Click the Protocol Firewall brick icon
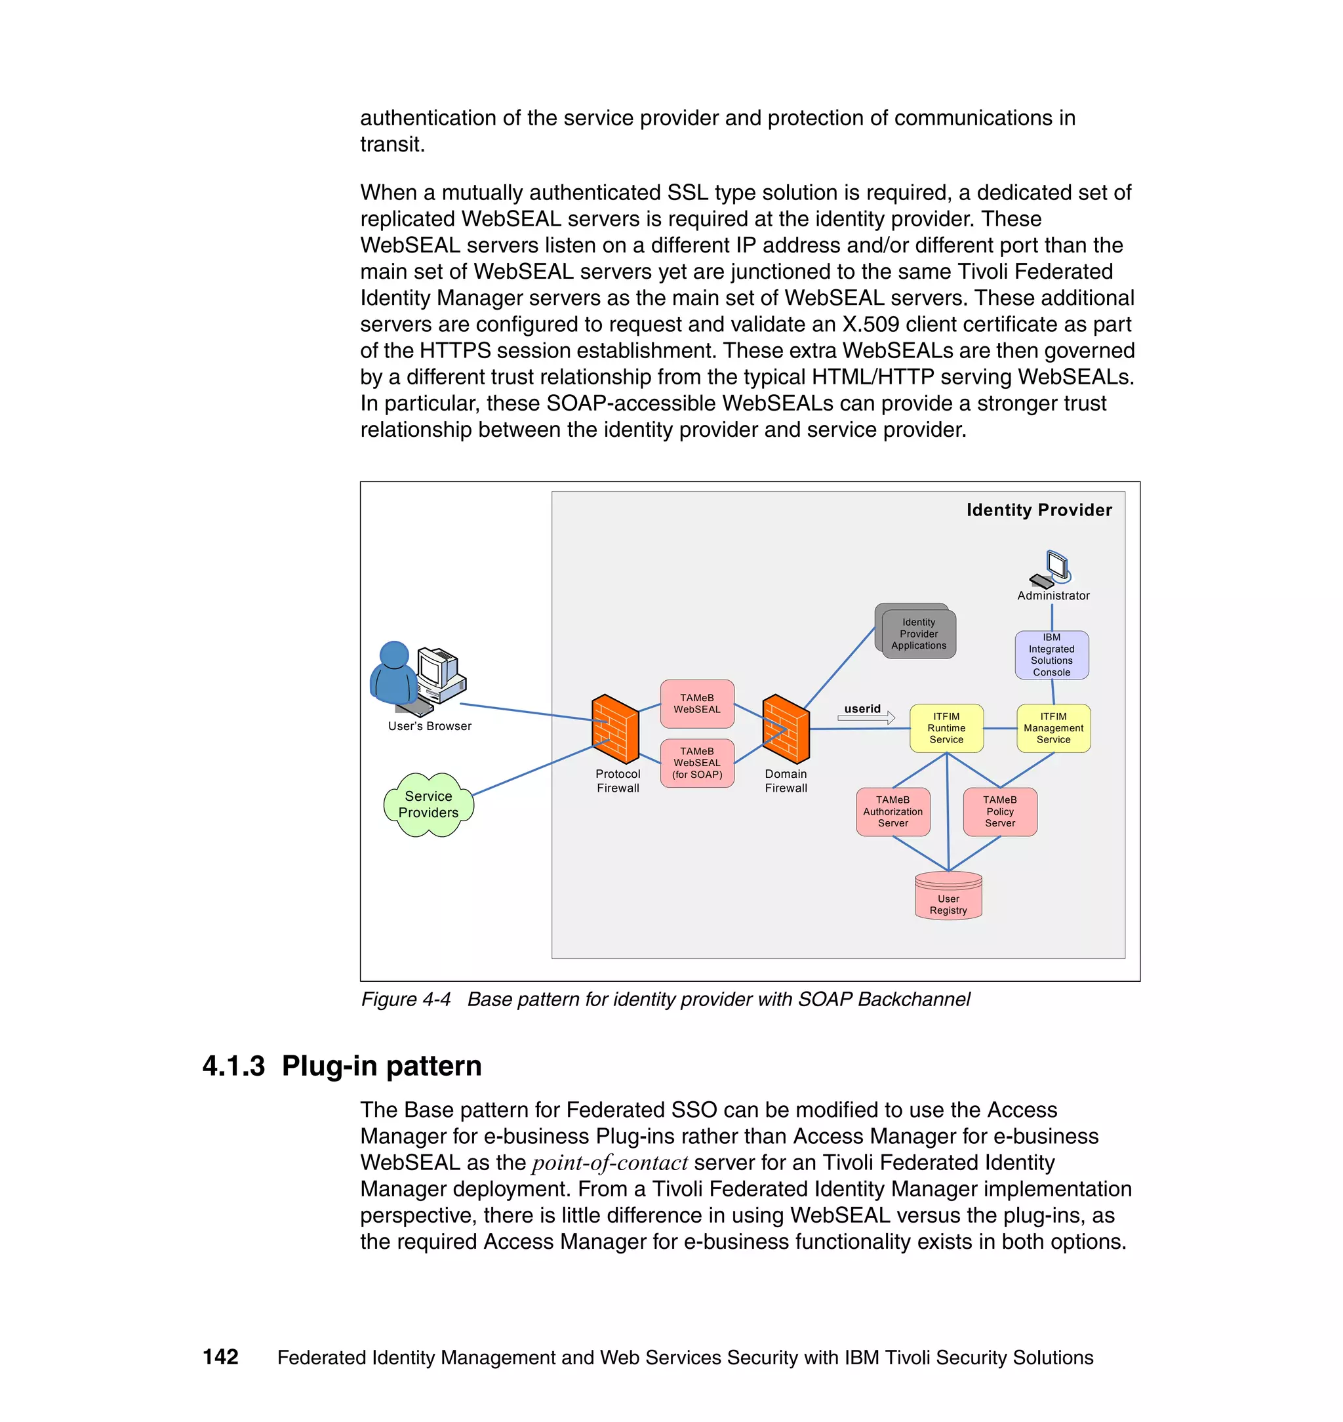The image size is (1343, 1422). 615,728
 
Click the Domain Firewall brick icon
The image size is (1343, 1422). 786,728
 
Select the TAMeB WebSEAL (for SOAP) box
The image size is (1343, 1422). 696,763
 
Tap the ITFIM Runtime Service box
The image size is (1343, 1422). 946,727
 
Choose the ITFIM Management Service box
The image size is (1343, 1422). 1053,727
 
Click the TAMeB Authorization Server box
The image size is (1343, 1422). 892,811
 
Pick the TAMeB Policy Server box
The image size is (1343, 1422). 999,811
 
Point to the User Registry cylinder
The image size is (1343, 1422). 948,896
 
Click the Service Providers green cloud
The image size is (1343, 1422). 428,804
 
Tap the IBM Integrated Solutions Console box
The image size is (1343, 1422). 1051,655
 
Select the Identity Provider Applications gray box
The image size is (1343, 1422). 917,632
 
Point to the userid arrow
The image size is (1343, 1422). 867,717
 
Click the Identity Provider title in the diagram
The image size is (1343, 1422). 1039,510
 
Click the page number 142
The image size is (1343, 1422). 220,1356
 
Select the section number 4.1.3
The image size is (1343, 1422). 233,1065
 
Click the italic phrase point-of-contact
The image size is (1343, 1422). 609,1163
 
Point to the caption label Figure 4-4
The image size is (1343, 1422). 406,999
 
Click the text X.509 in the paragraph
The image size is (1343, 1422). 870,325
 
